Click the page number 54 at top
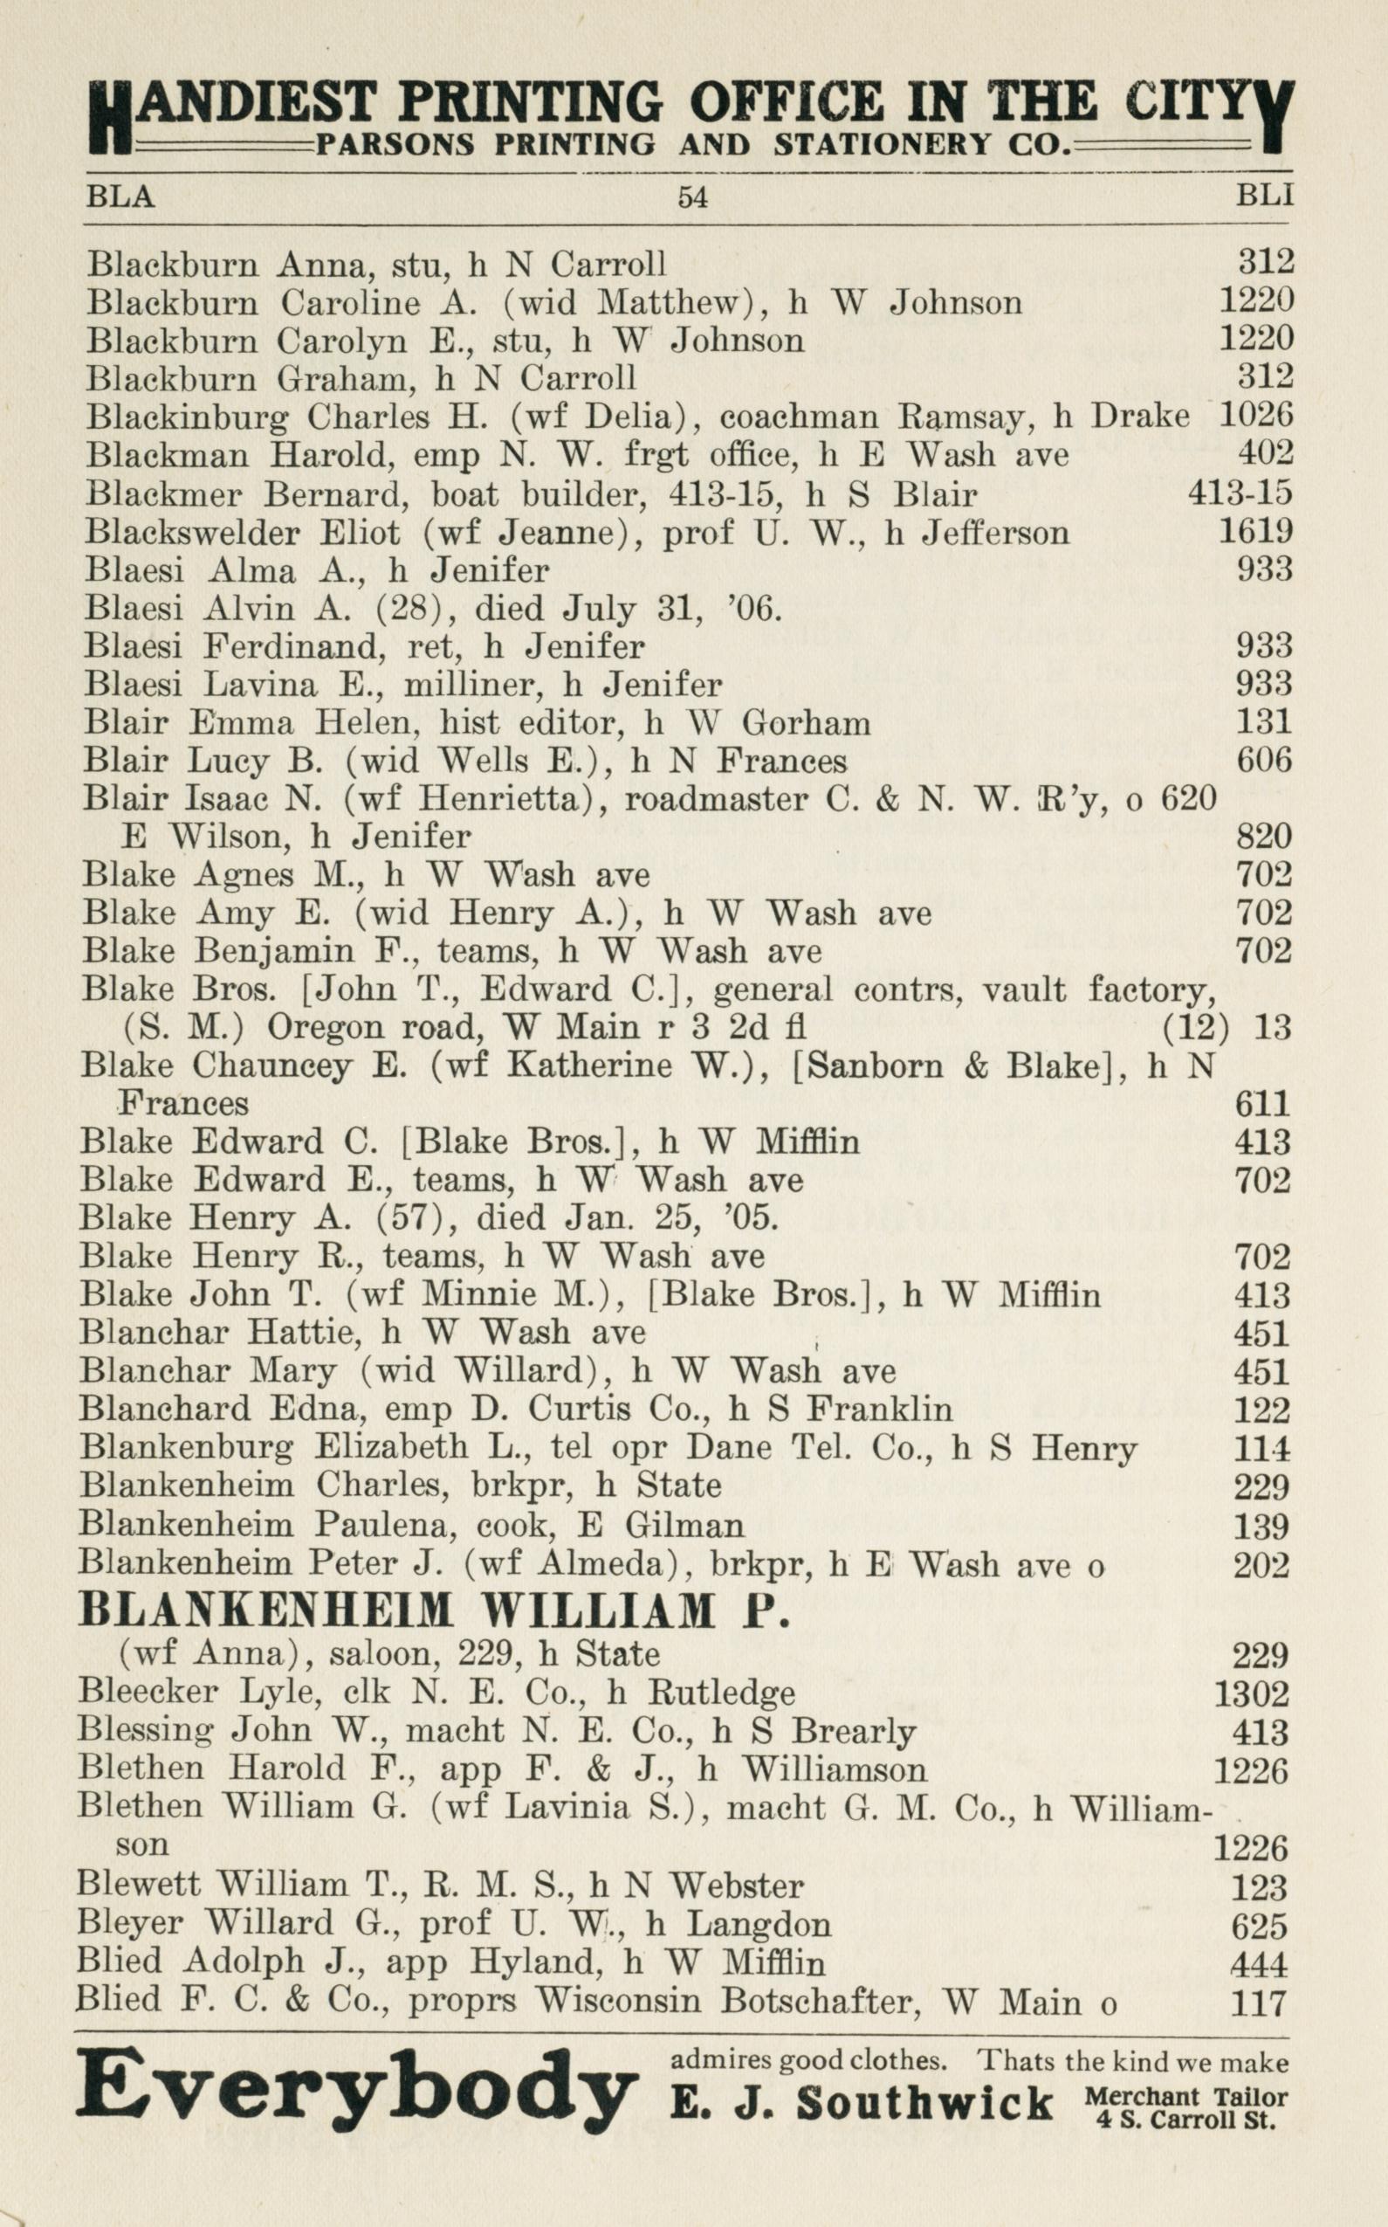coord(692,196)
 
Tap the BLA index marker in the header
coord(120,196)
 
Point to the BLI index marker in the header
coord(1265,196)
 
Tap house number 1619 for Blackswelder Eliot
coord(1256,532)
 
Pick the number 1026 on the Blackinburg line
coord(1256,416)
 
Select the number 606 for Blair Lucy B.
coord(1263,761)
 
